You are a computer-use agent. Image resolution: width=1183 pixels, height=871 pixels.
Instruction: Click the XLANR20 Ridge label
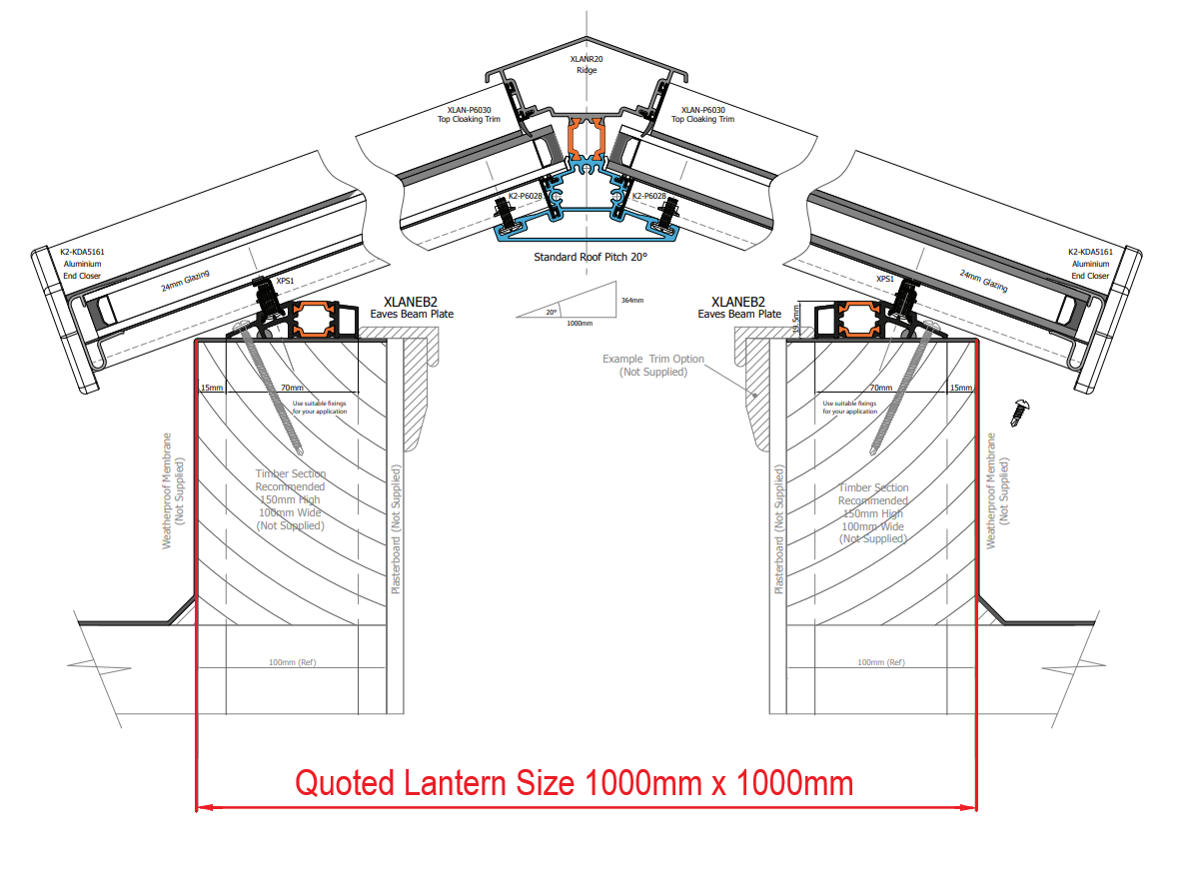(x=587, y=65)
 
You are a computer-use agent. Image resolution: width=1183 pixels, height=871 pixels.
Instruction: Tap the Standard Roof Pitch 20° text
(x=591, y=257)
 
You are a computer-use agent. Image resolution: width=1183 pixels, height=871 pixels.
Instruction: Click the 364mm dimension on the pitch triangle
(x=631, y=300)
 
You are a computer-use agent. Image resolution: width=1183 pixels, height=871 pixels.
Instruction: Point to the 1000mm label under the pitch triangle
(x=579, y=324)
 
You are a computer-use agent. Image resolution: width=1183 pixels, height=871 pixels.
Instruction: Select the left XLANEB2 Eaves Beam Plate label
(x=412, y=307)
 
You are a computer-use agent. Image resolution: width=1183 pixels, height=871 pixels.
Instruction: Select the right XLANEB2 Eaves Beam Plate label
(x=739, y=307)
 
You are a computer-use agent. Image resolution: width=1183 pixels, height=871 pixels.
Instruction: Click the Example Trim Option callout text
(x=652, y=366)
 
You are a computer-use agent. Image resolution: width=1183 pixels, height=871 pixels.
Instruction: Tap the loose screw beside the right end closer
(x=1020, y=411)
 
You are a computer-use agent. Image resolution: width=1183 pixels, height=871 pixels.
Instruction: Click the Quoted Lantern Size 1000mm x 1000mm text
(x=574, y=782)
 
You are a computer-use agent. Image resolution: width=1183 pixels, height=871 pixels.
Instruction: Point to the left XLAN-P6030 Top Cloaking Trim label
(x=468, y=115)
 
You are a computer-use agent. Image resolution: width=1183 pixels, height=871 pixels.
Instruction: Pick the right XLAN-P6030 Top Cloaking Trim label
(x=702, y=115)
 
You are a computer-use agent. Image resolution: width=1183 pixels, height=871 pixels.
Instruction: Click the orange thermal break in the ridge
(x=587, y=139)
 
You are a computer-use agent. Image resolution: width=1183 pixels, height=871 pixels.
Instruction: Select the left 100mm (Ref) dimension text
(x=292, y=662)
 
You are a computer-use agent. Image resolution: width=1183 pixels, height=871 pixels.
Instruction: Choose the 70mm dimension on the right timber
(x=880, y=388)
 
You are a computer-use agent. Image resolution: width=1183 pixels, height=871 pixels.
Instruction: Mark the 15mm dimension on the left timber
(x=211, y=388)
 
